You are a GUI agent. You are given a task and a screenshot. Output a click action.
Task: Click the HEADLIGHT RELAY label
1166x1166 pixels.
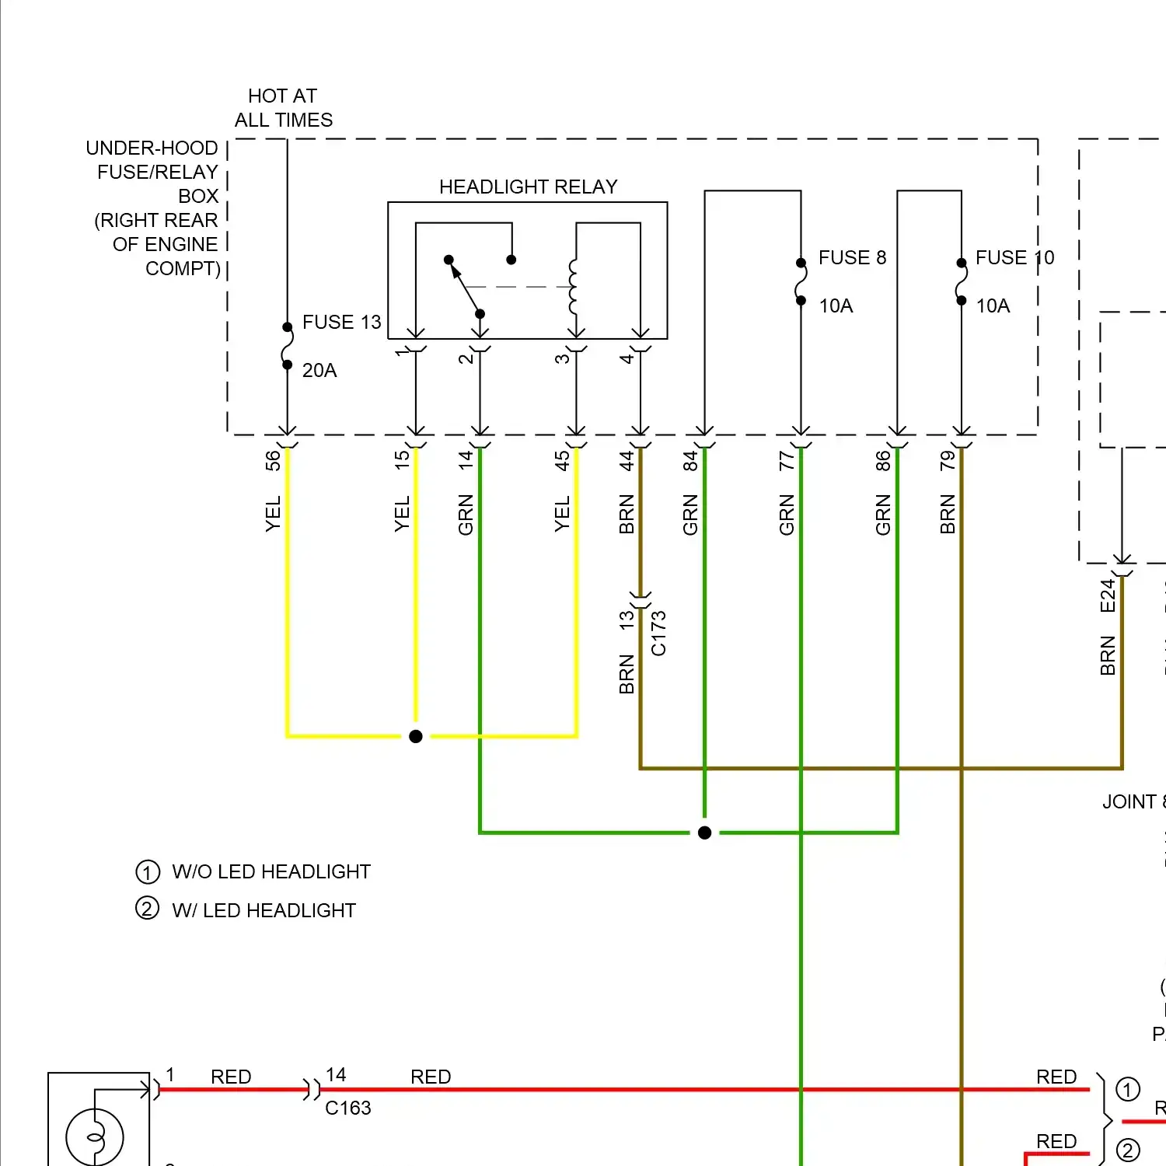pos(528,187)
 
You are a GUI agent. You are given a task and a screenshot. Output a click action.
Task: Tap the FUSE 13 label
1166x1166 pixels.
pos(341,322)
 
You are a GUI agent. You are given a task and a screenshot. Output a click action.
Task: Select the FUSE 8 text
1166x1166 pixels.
pos(852,257)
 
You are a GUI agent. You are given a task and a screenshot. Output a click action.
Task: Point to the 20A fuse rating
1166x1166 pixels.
pos(319,371)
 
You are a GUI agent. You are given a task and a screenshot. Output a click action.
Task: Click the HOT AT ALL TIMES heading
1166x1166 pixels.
pos(283,108)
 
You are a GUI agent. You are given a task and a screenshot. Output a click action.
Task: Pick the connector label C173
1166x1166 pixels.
pos(658,634)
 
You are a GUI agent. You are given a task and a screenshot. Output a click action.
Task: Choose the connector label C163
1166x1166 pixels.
pos(347,1108)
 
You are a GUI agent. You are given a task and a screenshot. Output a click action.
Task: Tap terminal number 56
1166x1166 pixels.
pos(273,460)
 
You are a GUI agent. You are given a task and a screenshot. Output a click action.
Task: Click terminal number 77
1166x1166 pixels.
pos(787,460)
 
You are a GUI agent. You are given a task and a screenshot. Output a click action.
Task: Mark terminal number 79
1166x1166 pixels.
pos(948,460)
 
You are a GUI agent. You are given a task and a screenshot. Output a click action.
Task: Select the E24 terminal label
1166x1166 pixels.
pos(1108,596)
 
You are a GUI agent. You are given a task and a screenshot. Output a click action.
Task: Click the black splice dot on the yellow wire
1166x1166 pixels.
pos(416,736)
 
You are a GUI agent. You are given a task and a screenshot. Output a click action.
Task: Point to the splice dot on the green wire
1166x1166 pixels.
pos(704,833)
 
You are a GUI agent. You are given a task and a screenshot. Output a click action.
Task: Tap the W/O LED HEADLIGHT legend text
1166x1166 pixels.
pos(271,872)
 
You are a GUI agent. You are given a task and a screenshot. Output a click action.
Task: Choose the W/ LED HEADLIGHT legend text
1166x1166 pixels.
pos(264,910)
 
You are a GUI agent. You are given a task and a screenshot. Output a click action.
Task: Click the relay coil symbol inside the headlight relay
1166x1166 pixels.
pos(574,286)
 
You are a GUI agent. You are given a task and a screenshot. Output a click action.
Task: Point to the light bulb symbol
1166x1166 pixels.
pos(95,1137)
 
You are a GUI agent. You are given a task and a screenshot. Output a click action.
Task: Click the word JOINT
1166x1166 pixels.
pos(1129,802)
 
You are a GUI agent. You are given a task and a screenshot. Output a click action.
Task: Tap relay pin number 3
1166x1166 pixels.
pos(562,358)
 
